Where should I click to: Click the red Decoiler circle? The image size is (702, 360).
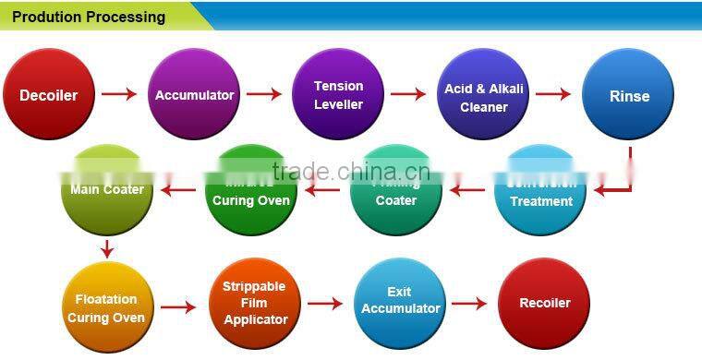pos(49,94)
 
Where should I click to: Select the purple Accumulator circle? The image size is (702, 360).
pos(194,94)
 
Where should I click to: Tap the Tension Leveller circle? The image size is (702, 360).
pos(338,94)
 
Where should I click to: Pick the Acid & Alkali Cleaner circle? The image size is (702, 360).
pos(484,94)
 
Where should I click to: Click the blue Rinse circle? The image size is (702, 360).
pos(629,94)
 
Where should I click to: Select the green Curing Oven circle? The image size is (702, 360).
pos(251,192)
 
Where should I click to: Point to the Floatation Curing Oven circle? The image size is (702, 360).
pos(106,306)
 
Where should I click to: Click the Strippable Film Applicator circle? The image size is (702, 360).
pos(254,305)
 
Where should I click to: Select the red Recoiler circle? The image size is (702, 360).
pos(544,303)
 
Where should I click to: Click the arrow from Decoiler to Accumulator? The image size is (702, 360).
pos(119,94)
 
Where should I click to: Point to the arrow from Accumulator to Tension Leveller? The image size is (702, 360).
pos(264,94)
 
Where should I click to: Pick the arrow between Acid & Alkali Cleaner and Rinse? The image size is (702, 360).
pos(553,94)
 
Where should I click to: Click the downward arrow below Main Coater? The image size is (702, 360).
pos(107,248)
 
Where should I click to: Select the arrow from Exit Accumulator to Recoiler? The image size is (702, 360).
pos(468,303)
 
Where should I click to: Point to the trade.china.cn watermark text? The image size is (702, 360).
pos(351,172)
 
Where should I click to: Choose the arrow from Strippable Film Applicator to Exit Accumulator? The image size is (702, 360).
pos(325,303)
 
